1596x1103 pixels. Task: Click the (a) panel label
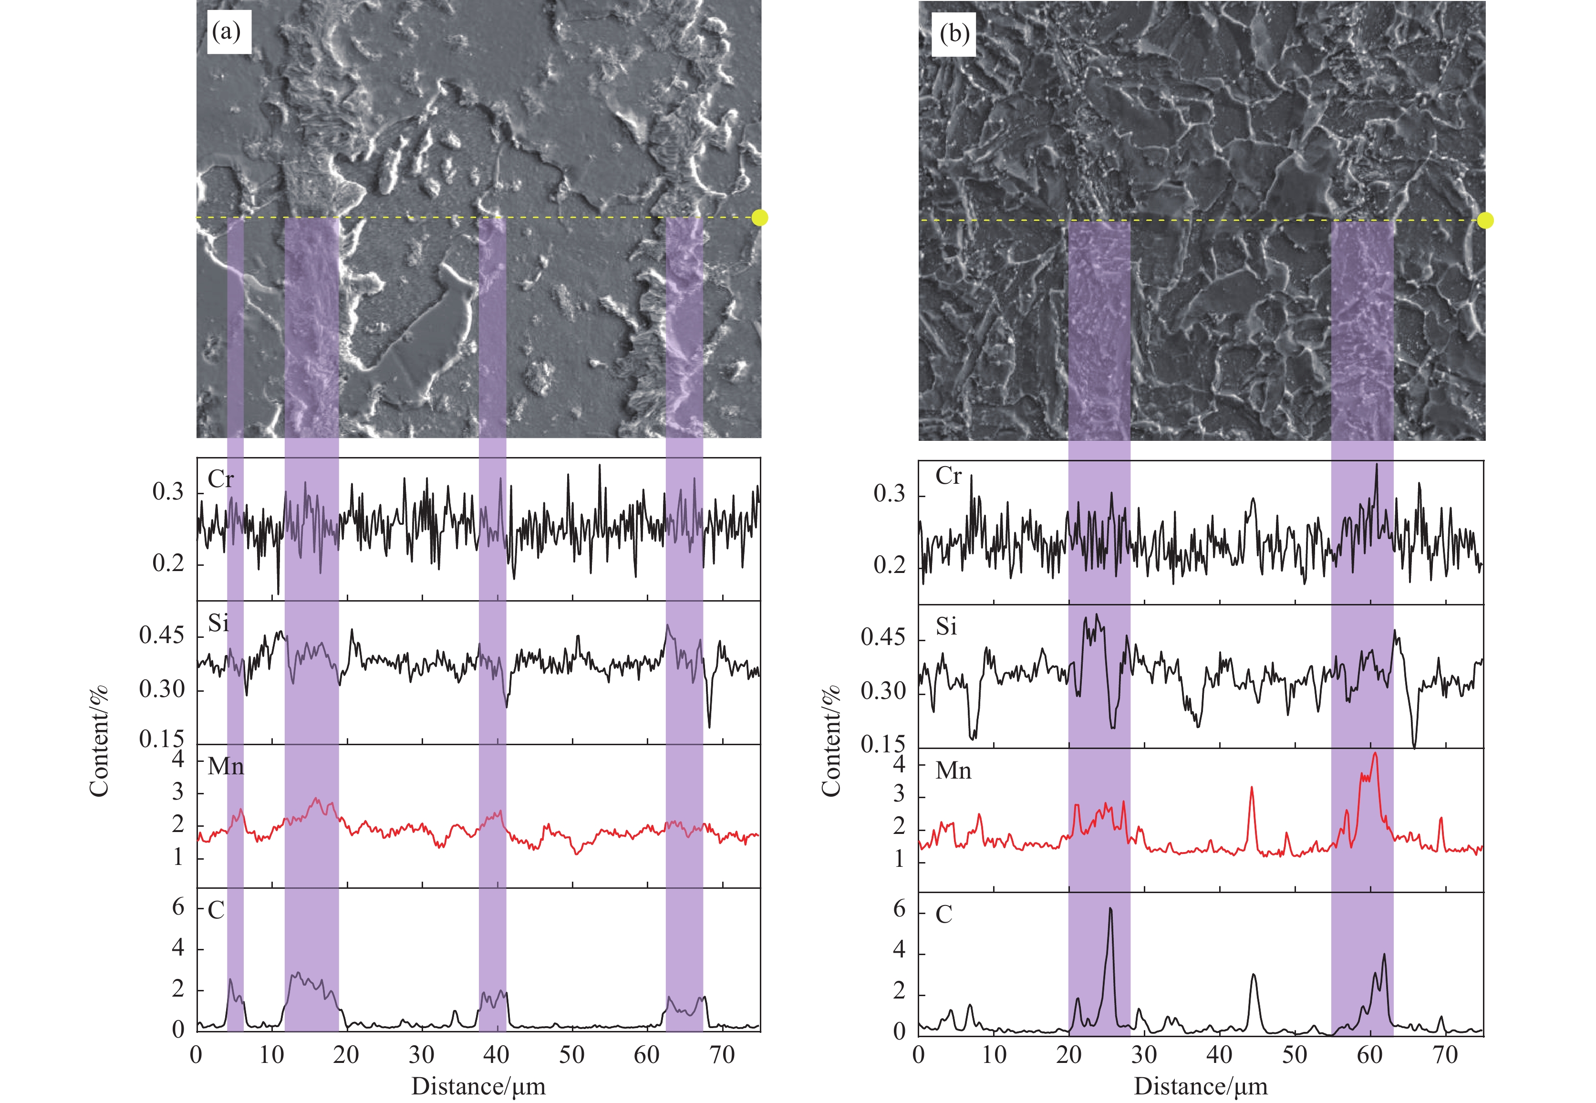pos(227,32)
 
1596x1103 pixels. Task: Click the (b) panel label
pos(954,34)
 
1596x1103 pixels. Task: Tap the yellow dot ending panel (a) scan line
pos(759,218)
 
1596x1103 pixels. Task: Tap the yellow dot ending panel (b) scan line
pos(1485,220)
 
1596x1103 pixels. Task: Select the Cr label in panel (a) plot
pos(220,479)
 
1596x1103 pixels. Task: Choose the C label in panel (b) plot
pos(944,915)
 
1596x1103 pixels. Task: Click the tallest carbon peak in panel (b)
pos(1110,909)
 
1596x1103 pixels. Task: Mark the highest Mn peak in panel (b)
pos(1375,753)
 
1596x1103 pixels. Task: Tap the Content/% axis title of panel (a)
pos(100,741)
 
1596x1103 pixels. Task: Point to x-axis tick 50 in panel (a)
pos(572,1055)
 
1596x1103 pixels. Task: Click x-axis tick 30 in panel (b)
pos(1144,1055)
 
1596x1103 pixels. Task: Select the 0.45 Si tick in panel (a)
pos(162,635)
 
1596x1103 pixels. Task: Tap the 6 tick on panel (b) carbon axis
pos(899,909)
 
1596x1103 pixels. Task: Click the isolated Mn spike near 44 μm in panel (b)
pos(1251,788)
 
